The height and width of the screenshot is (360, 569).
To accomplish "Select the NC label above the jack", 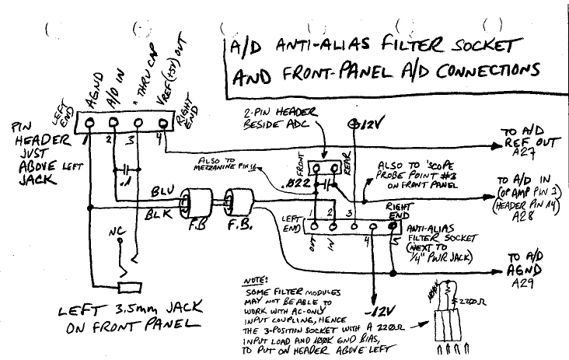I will click(118, 232).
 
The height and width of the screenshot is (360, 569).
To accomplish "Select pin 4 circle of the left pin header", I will click(164, 122).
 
